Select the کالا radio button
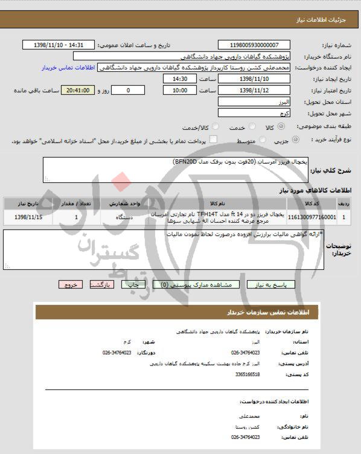(269, 129)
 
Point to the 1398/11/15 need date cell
(27, 216)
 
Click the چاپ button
(138, 284)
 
